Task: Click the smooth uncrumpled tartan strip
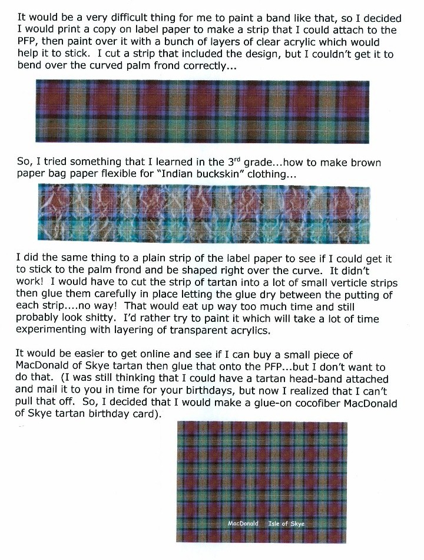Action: tap(203, 110)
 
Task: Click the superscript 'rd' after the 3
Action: tap(240, 159)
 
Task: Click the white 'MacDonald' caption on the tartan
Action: tap(243, 523)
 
